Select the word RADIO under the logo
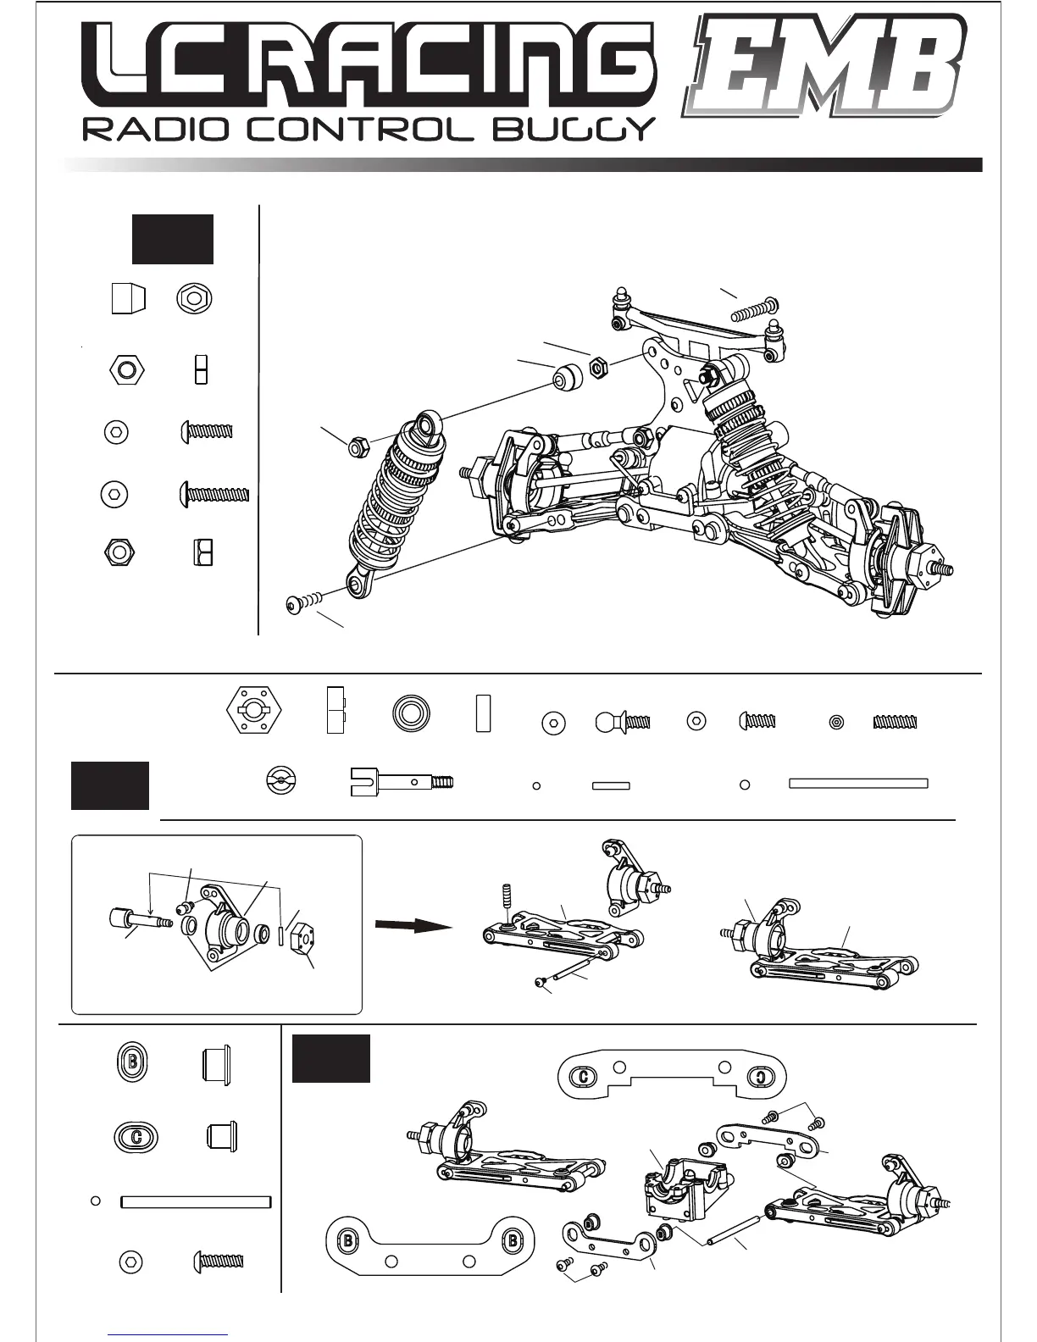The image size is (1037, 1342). click(148, 130)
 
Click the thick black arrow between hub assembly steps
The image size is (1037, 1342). click(414, 926)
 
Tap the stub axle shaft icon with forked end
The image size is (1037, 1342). click(401, 782)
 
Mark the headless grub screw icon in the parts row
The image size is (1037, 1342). click(896, 723)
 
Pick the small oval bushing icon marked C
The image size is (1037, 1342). click(136, 1136)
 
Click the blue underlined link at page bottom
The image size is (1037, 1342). click(168, 1334)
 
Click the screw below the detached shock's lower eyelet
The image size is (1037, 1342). click(305, 602)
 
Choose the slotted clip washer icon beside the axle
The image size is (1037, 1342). click(281, 782)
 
